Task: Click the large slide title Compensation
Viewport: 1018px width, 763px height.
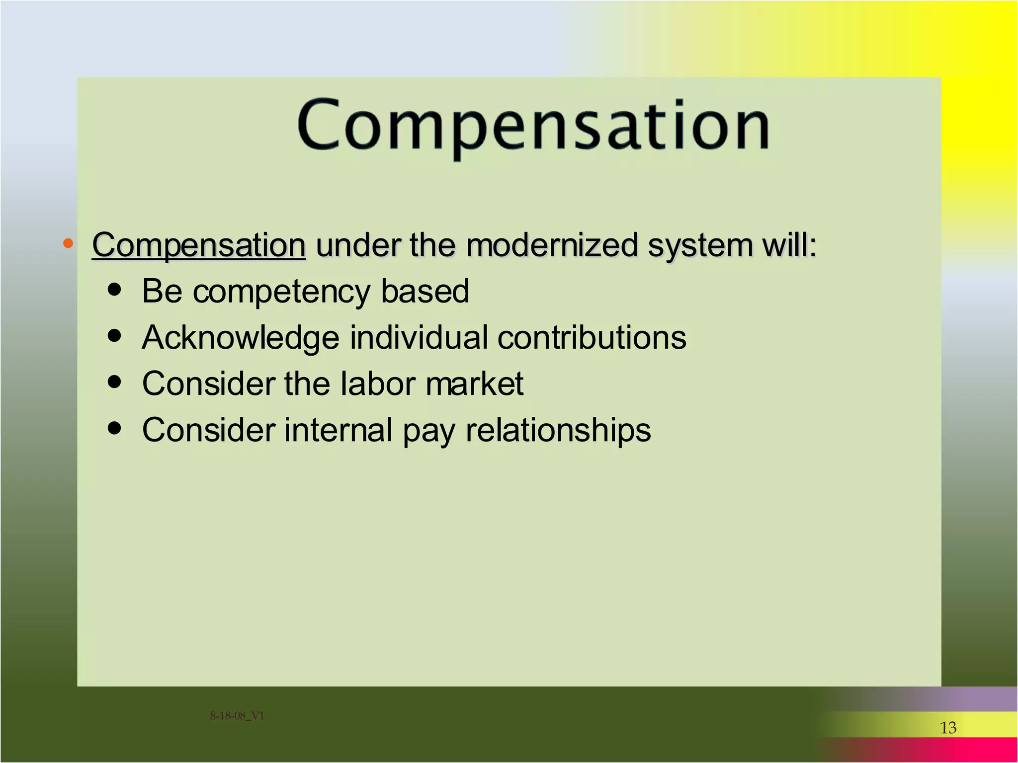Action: (x=533, y=125)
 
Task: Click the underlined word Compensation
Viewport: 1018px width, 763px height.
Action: (x=199, y=245)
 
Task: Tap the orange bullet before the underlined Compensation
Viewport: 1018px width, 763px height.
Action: (x=68, y=243)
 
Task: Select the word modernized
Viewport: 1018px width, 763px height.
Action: (x=552, y=245)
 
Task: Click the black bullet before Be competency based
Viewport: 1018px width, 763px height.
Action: (x=114, y=290)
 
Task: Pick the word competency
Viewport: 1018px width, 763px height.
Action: (x=281, y=292)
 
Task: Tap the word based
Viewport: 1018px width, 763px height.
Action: (x=425, y=291)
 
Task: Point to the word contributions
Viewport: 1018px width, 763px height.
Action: (x=592, y=338)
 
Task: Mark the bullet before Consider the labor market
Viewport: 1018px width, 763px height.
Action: (x=114, y=381)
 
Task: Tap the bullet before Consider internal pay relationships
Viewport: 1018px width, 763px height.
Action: (x=114, y=428)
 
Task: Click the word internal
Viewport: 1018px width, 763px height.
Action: (x=339, y=430)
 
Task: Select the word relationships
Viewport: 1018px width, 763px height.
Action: (x=558, y=431)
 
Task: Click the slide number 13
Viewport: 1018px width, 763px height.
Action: (x=948, y=728)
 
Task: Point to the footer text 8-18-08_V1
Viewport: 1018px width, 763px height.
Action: (x=237, y=716)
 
